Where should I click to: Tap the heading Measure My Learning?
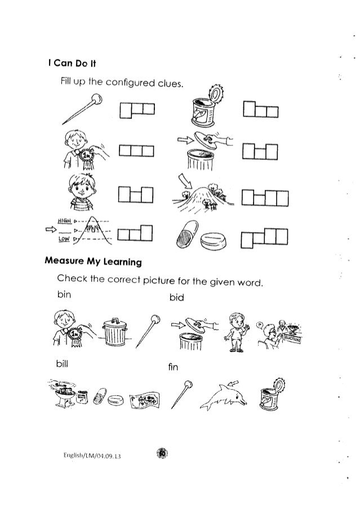point(94,262)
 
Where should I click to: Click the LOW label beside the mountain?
point(67,239)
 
